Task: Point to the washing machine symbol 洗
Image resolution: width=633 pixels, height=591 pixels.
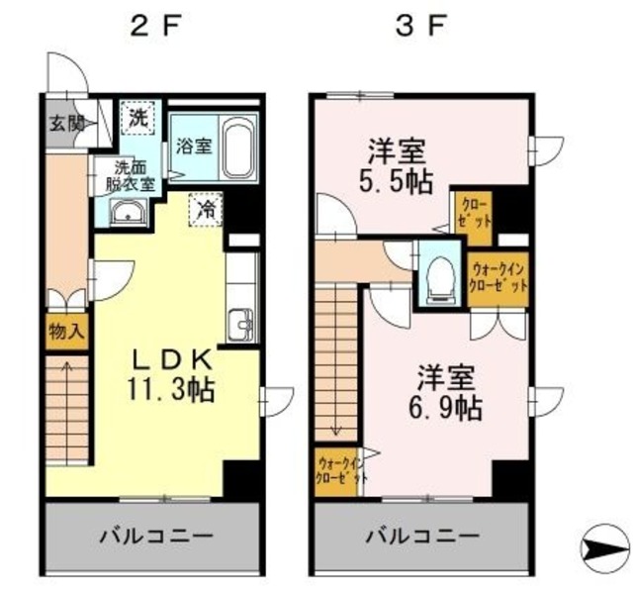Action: [x=137, y=117]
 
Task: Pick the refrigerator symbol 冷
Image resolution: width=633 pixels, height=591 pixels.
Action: [x=207, y=209]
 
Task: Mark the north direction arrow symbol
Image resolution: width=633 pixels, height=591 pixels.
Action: [x=602, y=545]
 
